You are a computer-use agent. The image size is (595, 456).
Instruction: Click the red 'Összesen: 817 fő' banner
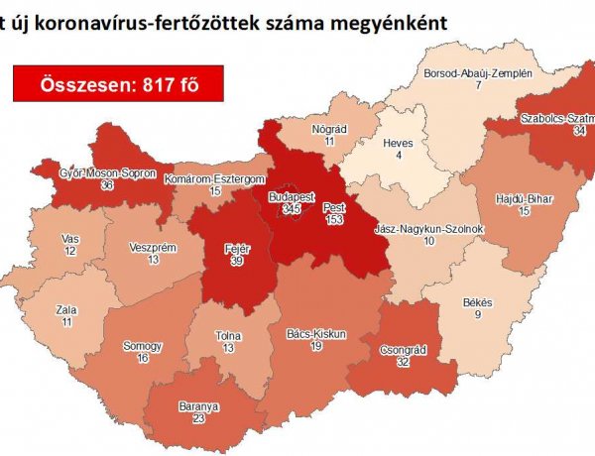coord(118,84)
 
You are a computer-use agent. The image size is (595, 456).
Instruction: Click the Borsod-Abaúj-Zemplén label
coord(478,73)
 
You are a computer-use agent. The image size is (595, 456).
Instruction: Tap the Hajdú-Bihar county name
coord(522,199)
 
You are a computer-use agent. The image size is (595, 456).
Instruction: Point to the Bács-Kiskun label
coord(315,334)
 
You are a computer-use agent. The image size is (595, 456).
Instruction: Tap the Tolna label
coord(228,336)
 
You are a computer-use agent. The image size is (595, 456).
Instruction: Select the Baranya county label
coord(199,406)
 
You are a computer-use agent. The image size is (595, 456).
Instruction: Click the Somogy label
coord(143,346)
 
